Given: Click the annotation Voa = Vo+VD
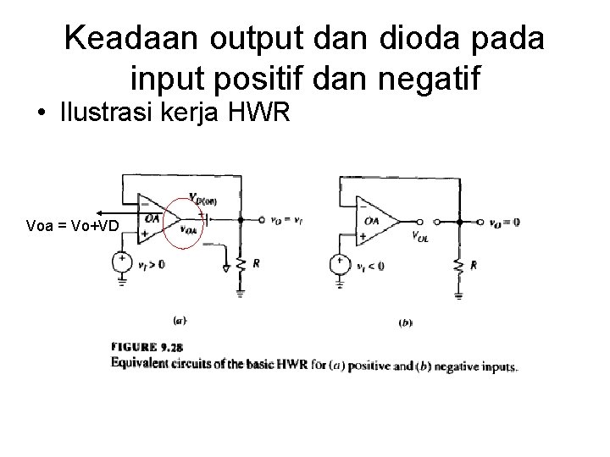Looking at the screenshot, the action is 73,225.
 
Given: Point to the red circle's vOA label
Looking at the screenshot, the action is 191,228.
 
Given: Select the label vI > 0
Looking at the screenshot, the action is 151,264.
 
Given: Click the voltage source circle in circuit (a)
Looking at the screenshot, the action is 123,262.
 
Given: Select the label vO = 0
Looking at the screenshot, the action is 504,223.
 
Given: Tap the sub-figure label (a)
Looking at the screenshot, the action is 180,321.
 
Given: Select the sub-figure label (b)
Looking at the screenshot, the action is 406,322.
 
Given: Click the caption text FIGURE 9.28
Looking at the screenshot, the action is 147,347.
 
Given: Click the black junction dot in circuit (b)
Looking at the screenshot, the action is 458,223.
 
